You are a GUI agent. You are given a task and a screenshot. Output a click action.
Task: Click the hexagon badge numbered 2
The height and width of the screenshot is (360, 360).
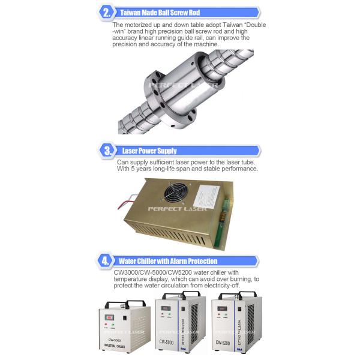pos(107,13)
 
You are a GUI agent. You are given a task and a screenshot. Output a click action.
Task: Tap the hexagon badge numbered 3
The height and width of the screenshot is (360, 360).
pos(107,151)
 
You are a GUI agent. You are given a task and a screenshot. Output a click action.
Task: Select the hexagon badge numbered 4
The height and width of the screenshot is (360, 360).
pos(106,261)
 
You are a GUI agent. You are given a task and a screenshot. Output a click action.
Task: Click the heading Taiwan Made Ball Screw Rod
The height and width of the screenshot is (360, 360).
pos(160,13)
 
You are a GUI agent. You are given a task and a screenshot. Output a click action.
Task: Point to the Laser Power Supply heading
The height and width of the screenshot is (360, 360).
pos(149,151)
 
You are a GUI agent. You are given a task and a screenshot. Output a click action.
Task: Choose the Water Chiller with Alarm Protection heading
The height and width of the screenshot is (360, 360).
pos(168,261)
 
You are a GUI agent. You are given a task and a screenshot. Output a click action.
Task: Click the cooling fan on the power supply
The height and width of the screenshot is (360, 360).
pos(176,193)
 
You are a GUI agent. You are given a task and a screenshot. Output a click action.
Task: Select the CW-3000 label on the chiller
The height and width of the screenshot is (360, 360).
pos(115,340)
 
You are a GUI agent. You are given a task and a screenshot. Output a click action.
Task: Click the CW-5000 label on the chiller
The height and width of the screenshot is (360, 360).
pos(166,342)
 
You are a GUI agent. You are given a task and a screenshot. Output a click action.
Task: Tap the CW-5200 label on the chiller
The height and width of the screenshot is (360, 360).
pos(223,343)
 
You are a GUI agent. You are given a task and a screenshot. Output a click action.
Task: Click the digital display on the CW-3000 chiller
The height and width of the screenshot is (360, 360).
pos(110,317)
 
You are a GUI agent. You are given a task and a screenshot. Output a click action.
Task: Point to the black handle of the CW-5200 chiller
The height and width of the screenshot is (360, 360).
pos(238,295)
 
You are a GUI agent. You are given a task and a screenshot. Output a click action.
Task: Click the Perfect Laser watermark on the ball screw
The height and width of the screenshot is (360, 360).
pos(183,85)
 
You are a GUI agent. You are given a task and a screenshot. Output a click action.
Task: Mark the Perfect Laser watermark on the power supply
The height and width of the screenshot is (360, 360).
pos(178,209)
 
